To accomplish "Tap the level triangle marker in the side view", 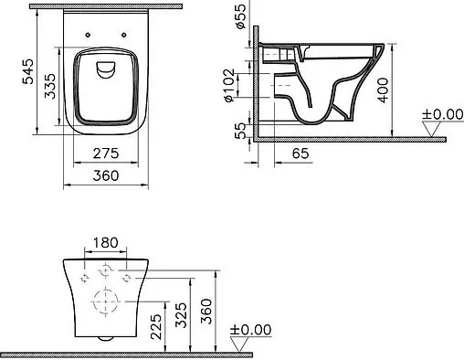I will (431, 131).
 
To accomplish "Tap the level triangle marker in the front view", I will (242, 344).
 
